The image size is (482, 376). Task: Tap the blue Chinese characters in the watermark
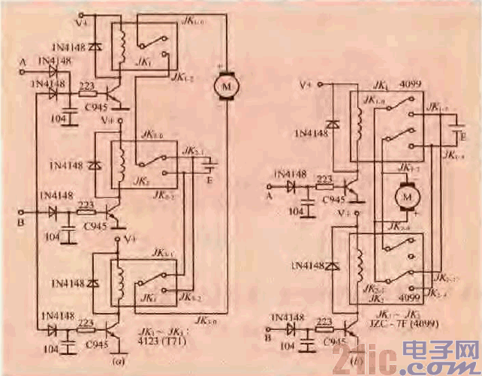click(x=438, y=353)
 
